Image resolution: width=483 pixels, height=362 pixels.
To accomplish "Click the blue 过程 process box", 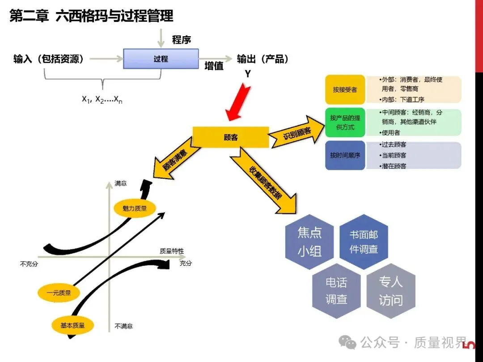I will pyautogui.click(x=161, y=59).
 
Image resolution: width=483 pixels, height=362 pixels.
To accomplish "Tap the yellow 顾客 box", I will pyautogui.click(x=230, y=137).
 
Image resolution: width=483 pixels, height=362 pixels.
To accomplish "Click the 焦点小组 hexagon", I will pyautogui.click(x=309, y=241).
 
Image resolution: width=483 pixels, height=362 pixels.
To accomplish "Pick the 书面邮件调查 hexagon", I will pyautogui.click(x=363, y=242).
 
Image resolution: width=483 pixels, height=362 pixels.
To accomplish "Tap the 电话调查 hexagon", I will pyautogui.click(x=336, y=290).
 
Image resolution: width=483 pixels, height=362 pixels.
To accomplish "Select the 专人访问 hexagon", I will pyautogui.click(x=390, y=290).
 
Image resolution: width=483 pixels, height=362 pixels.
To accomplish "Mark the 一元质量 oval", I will pyautogui.click(x=59, y=293).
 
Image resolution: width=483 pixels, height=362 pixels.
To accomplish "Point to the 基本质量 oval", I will pyautogui.click(x=72, y=325).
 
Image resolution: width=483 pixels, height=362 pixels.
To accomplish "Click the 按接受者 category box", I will pyautogui.click(x=345, y=89).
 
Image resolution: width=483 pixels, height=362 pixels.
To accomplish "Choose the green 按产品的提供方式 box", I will pyautogui.click(x=345, y=122).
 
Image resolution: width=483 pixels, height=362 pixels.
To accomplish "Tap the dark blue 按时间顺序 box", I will pyautogui.click(x=345, y=156).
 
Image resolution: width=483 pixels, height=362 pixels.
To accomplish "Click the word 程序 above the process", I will pyautogui.click(x=182, y=40).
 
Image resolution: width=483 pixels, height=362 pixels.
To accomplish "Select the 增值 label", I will pyautogui.click(x=214, y=66).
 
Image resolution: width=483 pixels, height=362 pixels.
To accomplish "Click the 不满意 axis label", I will pyautogui.click(x=123, y=326).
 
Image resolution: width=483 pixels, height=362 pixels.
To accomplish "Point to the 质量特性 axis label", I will pyautogui.click(x=172, y=251).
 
